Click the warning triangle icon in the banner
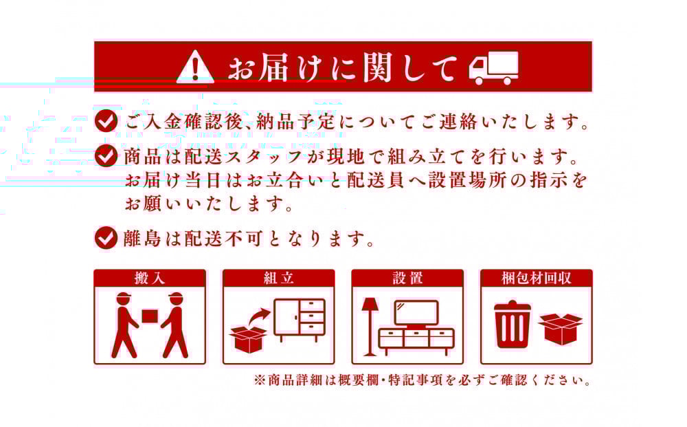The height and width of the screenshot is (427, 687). point(195,67)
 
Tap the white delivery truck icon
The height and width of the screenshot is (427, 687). point(494,68)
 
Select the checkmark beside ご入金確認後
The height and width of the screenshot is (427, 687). point(106,121)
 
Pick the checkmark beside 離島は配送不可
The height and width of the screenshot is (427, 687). point(106,238)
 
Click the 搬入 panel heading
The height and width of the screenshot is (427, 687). point(150,278)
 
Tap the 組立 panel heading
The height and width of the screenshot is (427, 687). point(279,278)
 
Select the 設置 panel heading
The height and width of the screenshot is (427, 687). point(407,278)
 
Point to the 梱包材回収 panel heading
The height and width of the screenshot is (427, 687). point(537,278)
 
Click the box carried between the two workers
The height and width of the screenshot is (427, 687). point(150,316)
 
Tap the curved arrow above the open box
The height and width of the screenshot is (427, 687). point(258,316)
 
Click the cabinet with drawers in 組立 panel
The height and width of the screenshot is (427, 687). point(300,320)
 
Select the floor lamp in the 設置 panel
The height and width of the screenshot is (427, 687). point(370,327)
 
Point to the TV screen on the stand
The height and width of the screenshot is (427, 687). point(416,314)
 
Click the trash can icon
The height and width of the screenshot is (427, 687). point(513,324)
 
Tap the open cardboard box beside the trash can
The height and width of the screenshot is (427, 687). point(561,329)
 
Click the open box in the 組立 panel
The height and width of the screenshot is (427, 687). point(248,339)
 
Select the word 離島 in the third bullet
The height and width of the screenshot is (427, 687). point(142,238)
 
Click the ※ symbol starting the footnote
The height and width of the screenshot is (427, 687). point(260,380)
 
